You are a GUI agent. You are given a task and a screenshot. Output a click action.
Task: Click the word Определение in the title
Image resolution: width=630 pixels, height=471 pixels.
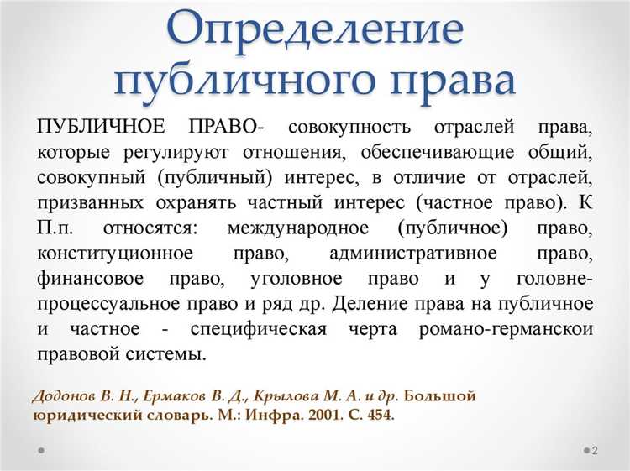[x=315, y=30]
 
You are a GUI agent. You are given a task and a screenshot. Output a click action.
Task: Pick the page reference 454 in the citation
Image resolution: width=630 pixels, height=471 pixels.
[x=377, y=415]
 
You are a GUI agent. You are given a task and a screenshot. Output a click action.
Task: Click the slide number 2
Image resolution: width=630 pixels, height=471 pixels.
[x=595, y=451]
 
